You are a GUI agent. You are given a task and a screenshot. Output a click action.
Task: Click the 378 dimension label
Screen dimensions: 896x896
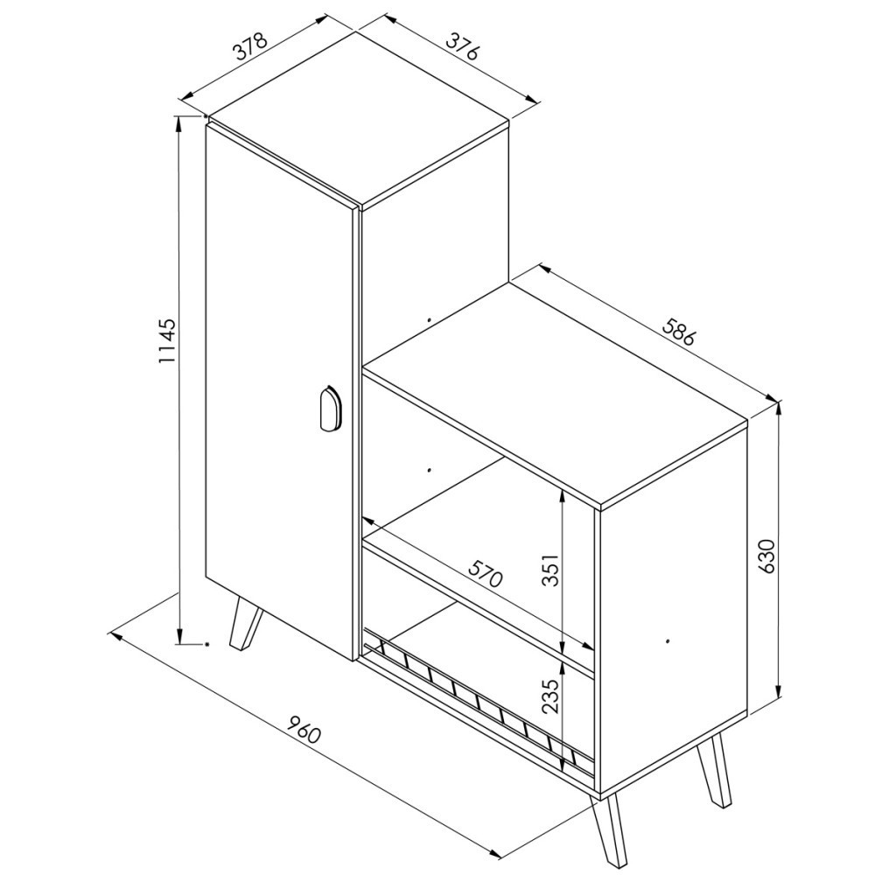coord(250,47)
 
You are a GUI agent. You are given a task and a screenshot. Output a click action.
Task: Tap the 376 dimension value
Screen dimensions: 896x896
coord(461,46)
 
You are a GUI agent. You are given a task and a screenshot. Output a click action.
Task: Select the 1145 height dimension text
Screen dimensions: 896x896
coord(167,341)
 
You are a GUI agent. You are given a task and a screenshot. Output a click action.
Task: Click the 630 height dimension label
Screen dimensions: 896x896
coord(765,556)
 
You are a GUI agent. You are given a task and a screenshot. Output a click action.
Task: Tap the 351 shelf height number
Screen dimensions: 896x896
coord(549,569)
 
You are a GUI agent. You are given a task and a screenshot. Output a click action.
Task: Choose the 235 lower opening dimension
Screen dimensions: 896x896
coord(549,696)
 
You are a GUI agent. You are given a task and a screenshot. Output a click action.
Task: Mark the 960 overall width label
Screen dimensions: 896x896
coord(304,729)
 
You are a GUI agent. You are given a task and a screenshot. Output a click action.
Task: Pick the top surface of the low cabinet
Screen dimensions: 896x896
coord(555,395)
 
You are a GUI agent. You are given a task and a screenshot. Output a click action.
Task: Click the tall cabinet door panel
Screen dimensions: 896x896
coord(279,391)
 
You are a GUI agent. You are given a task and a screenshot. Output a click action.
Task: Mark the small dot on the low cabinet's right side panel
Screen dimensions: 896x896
coord(668,641)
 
